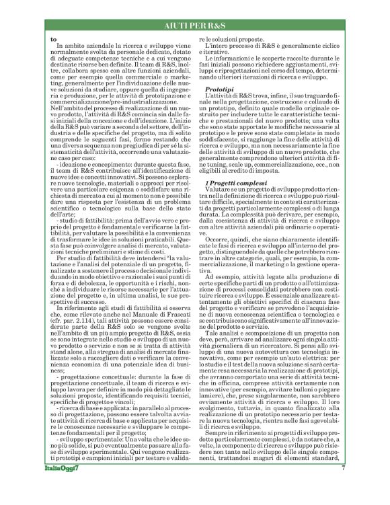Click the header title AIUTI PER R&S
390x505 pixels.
(195, 25)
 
